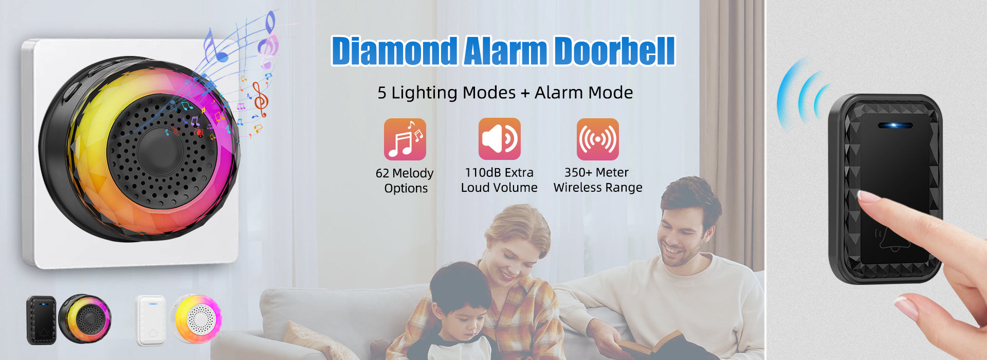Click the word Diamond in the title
click(394, 51)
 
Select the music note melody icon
click(405, 139)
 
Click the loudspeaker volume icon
click(499, 139)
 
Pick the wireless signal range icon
click(597, 139)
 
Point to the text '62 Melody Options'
click(405, 181)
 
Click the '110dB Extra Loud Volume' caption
click(499, 180)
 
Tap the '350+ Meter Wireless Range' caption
click(598, 180)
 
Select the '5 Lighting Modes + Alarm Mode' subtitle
click(505, 93)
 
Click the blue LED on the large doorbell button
click(895, 125)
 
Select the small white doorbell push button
click(151, 320)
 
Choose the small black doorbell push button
click(42, 320)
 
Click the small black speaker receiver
click(85, 319)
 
